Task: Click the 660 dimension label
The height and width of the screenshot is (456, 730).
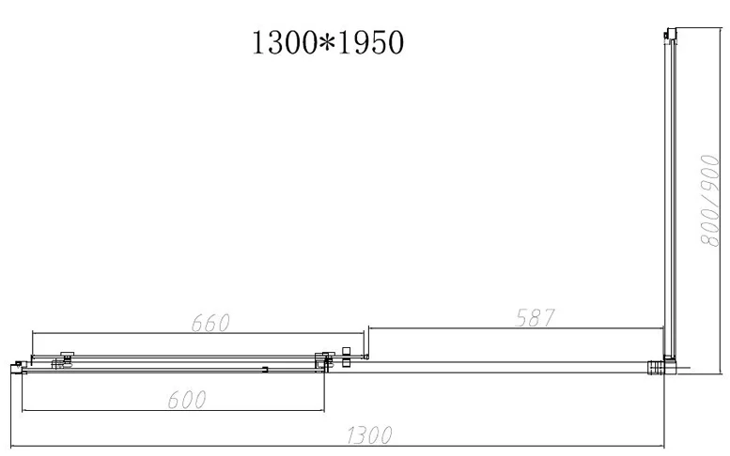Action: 210,323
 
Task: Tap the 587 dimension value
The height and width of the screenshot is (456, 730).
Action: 535,318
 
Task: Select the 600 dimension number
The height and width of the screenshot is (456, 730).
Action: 187,400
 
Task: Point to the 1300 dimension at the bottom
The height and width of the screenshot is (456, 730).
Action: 369,435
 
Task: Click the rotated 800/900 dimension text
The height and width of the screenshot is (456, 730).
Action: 710,201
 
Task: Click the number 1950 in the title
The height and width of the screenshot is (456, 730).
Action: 370,43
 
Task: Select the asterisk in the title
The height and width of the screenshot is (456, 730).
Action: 328,43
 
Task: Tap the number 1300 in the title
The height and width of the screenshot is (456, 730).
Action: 286,43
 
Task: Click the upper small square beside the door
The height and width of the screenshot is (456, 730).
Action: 346,351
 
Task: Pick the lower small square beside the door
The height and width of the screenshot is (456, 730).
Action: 346,362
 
